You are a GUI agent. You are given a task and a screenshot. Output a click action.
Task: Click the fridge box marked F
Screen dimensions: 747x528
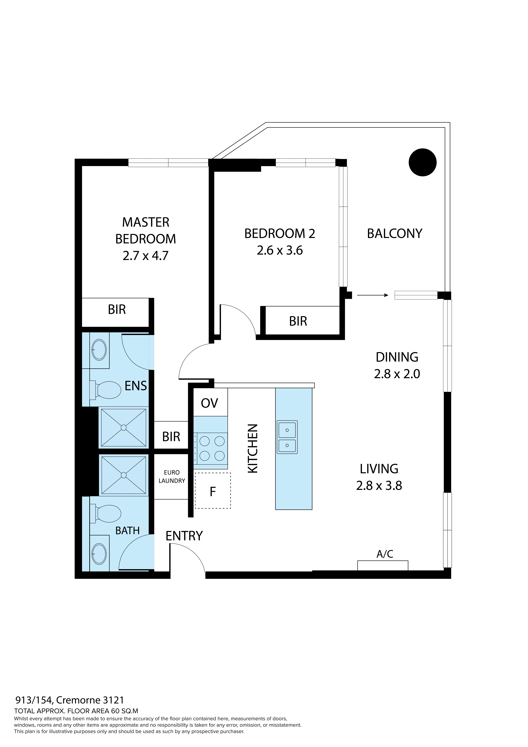click(213, 492)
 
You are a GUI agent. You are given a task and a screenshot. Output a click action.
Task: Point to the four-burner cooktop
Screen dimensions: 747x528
click(212, 448)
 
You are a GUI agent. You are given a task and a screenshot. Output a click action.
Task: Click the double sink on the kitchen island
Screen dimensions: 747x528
click(287, 437)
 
